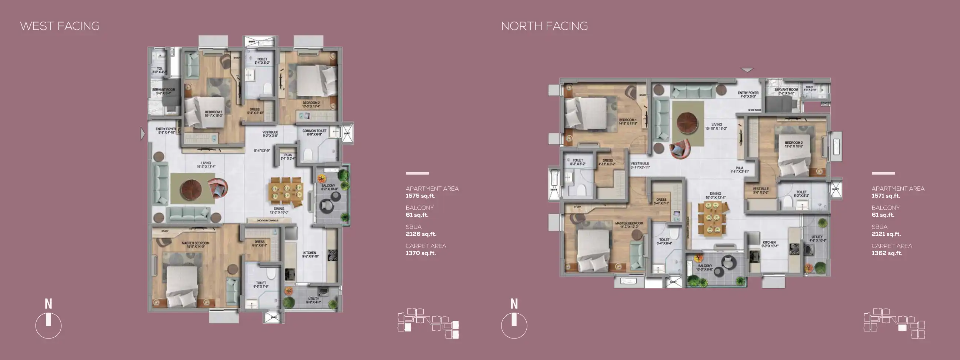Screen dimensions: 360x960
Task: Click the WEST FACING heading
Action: (x=60, y=26)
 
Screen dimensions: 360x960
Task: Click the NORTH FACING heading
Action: (x=544, y=26)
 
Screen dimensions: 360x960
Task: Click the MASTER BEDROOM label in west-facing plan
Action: (x=196, y=243)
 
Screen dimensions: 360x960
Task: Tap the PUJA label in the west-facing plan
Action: (x=288, y=155)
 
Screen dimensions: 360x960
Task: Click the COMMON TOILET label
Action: (x=314, y=131)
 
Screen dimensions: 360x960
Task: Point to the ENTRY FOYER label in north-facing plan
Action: (x=747, y=93)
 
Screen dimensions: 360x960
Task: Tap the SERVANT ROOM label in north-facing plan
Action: (x=786, y=90)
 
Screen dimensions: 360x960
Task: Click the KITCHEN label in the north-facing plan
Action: (x=769, y=243)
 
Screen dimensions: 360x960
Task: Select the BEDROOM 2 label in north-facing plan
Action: (x=793, y=143)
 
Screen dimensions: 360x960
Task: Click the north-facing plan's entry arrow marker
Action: (x=747, y=70)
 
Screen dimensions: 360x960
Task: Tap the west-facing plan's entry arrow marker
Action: (x=142, y=133)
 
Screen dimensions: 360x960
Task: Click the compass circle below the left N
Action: (x=49, y=326)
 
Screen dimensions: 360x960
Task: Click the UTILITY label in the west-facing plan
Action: (x=313, y=299)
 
